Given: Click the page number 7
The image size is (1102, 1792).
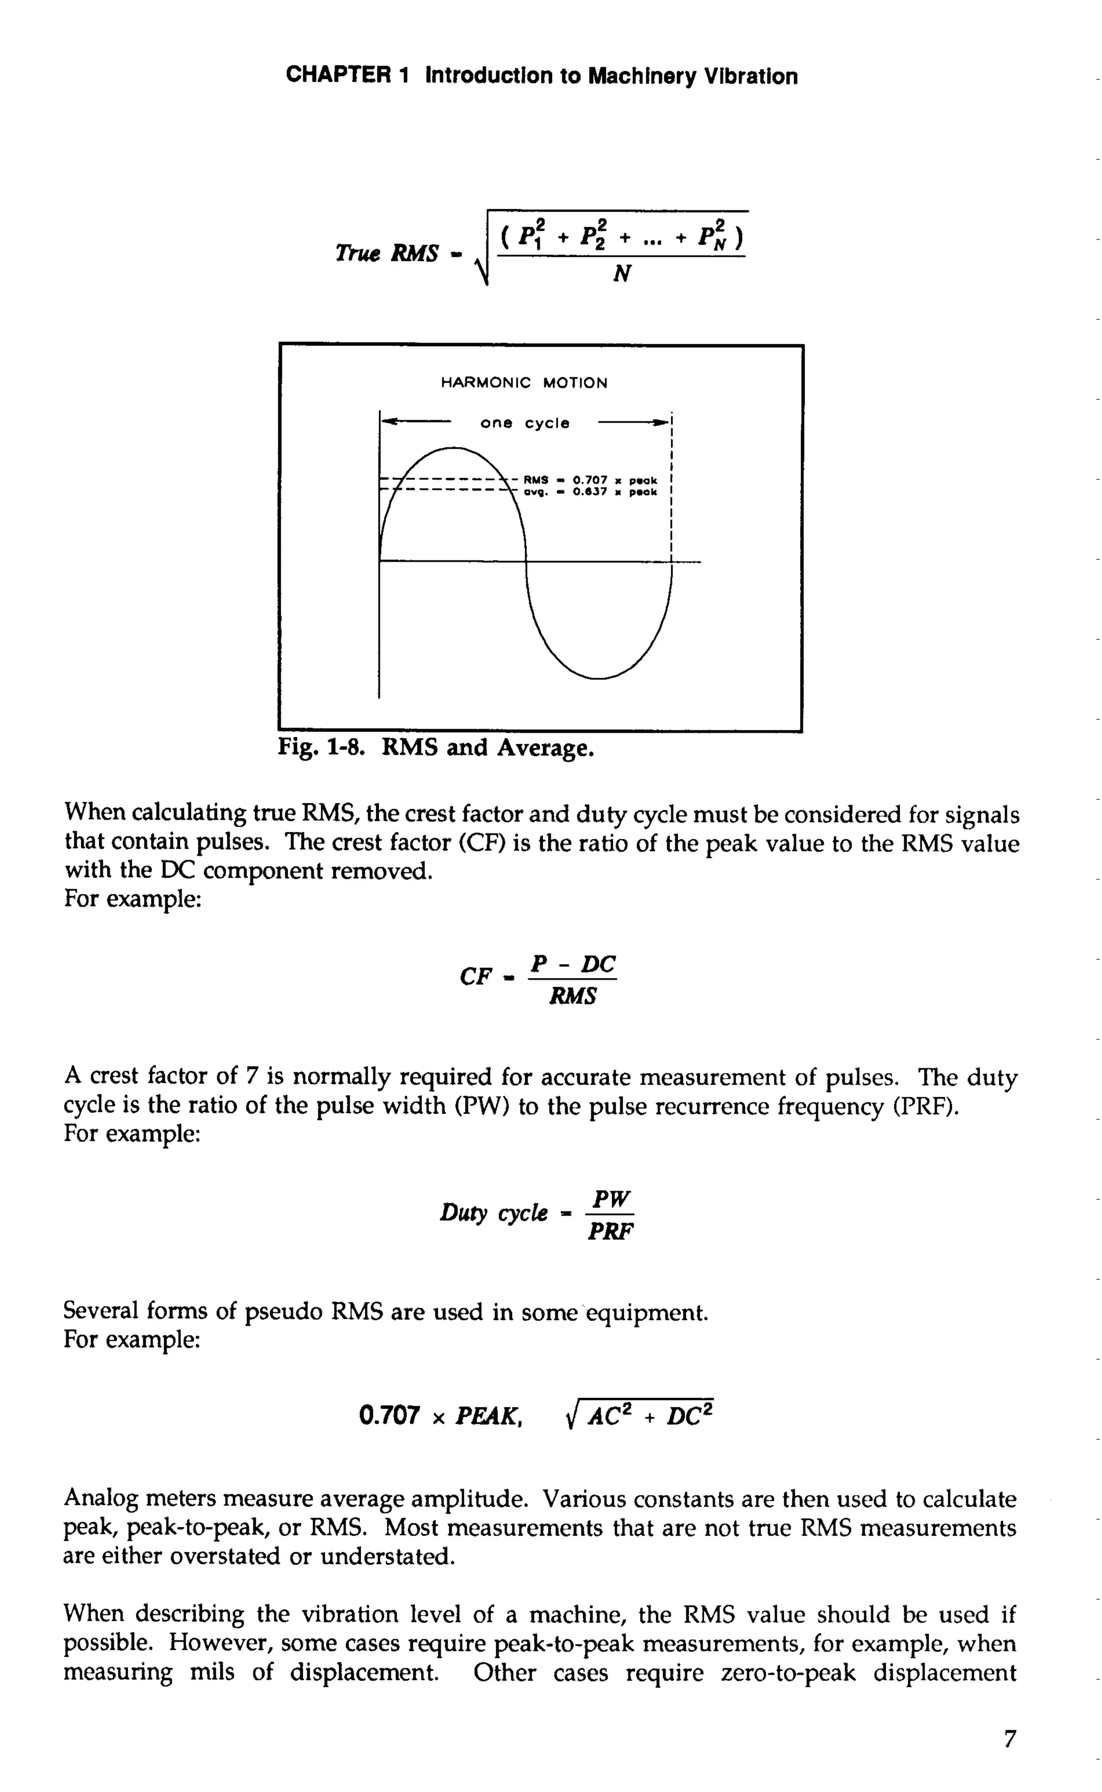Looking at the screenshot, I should pyautogui.click(x=1009, y=1739).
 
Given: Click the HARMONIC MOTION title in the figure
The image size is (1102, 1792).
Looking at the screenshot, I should pyautogui.click(x=524, y=383).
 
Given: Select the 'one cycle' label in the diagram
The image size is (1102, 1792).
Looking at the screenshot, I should pyautogui.click(x=525, y=423).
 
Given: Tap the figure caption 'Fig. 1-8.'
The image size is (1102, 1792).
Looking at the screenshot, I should pyautogui.click(x=321, y=748).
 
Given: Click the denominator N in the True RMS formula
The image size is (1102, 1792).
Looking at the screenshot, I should pyautogui.click(x=621, y=274).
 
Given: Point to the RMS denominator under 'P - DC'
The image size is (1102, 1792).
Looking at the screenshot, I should pyautogui.click(x=573, y=996).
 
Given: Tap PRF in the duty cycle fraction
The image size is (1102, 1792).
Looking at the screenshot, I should pyautogui.click(x=611, y=1232).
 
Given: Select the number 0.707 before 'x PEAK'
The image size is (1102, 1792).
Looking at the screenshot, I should pyautogui.click(x=390, y=1416).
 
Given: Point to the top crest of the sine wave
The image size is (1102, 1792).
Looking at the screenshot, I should pyautogui.click(x=453, y=448).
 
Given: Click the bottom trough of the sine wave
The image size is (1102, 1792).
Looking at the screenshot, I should pyautogui.click(x=598, y=678).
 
